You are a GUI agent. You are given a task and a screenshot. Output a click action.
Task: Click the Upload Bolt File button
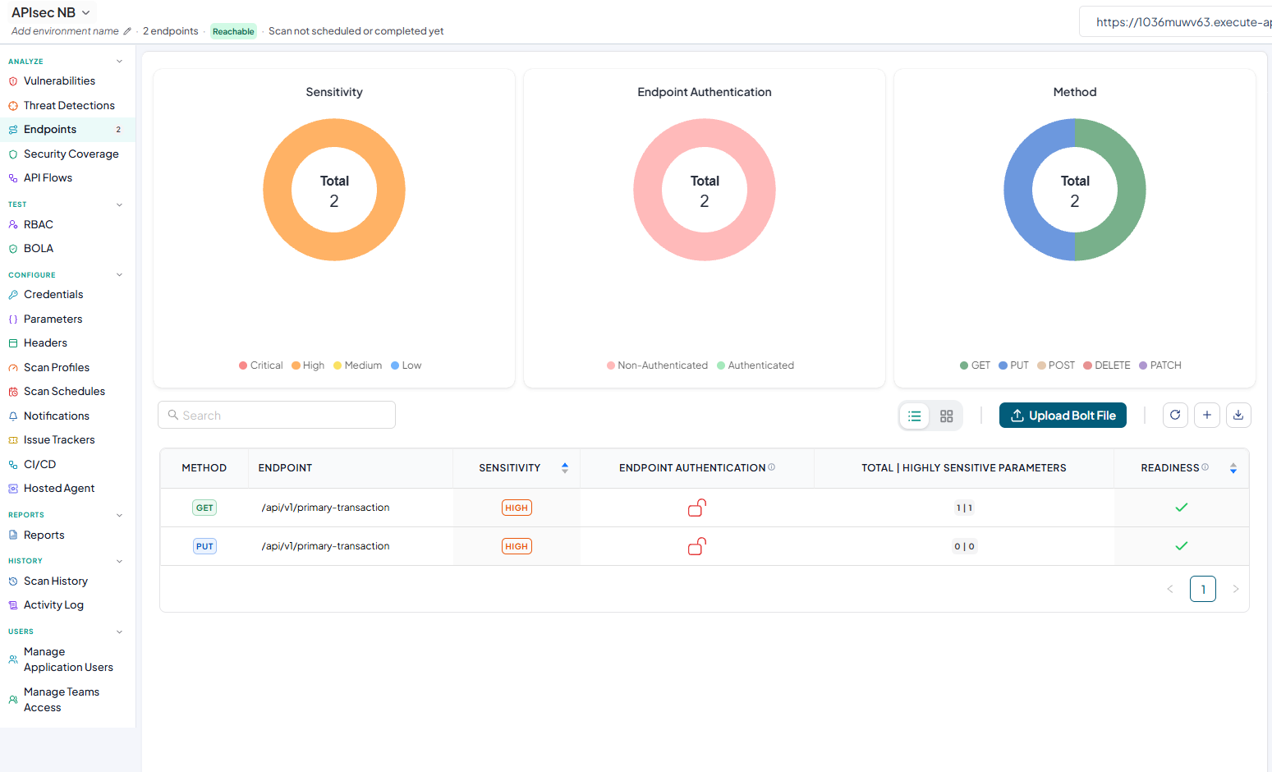(x=1063, y=416)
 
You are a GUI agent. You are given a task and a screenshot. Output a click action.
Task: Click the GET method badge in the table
(x=204, y=508)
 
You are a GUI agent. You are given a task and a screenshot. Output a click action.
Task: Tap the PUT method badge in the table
(x=204, y=546)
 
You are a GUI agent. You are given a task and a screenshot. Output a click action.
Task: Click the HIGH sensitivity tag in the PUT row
(x=517, y=546)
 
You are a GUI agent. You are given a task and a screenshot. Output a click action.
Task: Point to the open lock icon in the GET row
(x=696, y=508)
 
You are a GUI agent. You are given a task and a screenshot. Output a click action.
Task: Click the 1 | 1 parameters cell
(x=964, y=508)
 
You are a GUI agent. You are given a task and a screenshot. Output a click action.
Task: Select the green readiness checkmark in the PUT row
(x=1182, y=546)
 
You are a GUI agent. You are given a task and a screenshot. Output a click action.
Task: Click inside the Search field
(x=277, y=416)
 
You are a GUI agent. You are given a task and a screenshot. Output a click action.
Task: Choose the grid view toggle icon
(x=946, y=416)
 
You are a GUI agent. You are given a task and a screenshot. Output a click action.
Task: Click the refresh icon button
(x=1175, y=416)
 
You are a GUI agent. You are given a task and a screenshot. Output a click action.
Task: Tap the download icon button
(x=1238, y=416)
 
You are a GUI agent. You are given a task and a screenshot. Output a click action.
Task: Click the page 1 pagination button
(x=1203, y=589)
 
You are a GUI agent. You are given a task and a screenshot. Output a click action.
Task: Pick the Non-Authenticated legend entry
(x=657, y=365)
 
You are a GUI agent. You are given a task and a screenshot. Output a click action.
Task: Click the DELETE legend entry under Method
(x=1107, y=365)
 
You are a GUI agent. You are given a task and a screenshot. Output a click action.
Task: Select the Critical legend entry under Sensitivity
(x=260, y=365)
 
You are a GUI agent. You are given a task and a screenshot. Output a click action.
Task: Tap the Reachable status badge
(x=233, y=31)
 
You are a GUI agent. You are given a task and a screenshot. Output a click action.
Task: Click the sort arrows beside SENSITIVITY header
(x=564, y=467)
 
